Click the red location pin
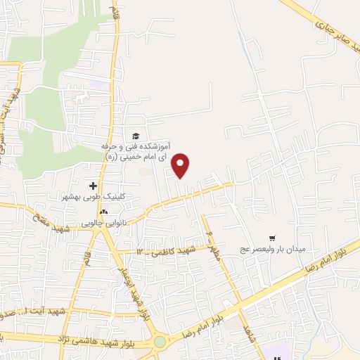[x=182, y=165]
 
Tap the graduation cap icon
[x=136, y=136]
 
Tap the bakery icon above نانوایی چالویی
[x=104, y=212]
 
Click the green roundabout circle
[x=161, y=342]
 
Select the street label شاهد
[x=247, y=330]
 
